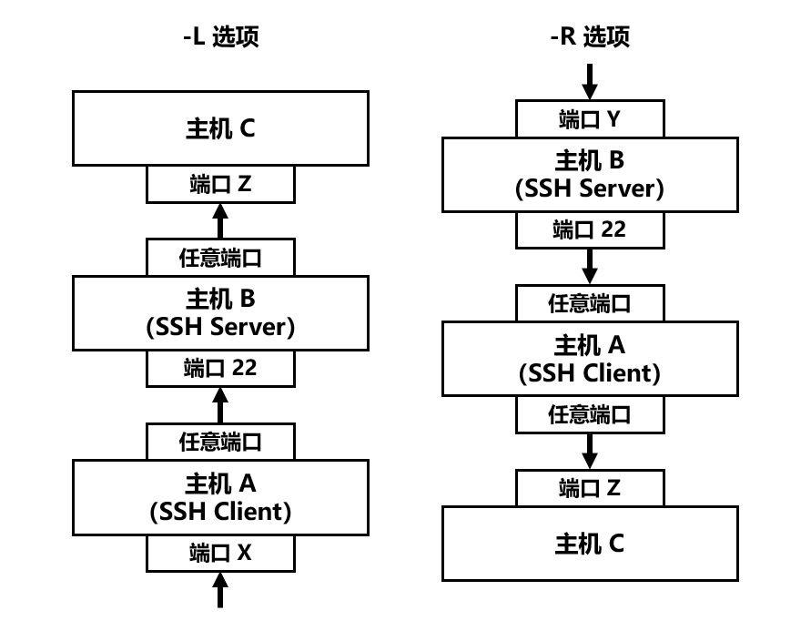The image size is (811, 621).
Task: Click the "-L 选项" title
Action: tap(220, 36)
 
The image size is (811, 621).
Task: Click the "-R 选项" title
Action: tap(590, 36)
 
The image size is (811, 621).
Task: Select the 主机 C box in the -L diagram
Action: tap(220, 128)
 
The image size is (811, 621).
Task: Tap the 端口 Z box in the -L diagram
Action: tap(220, 184)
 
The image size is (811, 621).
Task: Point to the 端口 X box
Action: tap(220, 553)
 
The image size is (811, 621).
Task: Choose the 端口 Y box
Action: tap(590, 118)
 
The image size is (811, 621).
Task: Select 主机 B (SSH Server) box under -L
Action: tap(220, 312)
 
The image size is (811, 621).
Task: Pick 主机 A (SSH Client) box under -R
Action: tap(590, 359)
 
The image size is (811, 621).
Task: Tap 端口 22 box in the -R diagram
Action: tap(590, 229)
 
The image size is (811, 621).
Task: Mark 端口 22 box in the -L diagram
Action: tap(220, 368)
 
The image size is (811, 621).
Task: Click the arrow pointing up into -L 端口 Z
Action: tap(220, 220)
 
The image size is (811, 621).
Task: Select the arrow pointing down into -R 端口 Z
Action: tap(590, 450)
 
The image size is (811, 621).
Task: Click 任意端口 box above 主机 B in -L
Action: tap(220, 258)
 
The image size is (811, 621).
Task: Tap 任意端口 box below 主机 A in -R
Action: tap(590, 414)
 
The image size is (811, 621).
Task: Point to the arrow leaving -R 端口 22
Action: tap(590, 266)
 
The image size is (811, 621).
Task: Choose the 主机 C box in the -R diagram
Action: tap(590, 544)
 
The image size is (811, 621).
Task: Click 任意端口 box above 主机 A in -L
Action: tap(220, 443)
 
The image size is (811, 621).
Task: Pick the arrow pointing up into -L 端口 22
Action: tap(220, 405)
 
